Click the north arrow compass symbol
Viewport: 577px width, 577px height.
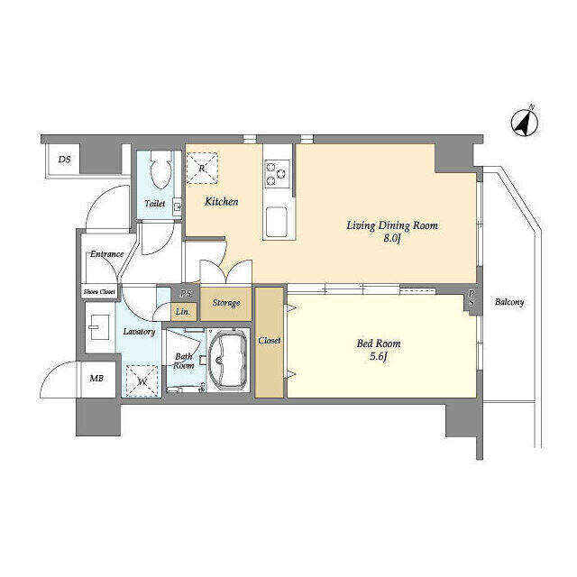tap(525, 122)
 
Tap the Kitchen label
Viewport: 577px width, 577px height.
tap(221, 202)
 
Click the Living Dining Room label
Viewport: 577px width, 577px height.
tap(392, 225)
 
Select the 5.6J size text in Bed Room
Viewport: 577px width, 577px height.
tap(379, 357)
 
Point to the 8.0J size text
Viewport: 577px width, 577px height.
tap(392, 238)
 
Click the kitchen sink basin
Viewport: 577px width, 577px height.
tap(276, 222)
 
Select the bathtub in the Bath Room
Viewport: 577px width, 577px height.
tap(226, 361)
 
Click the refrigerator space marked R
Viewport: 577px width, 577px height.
tap(202, 169)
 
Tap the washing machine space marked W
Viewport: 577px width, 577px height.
tap(142, 380)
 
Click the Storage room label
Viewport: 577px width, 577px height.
tap(226, 303)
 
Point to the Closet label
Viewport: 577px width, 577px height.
tap(269, 341)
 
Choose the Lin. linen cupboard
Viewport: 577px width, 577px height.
tap(183, 312)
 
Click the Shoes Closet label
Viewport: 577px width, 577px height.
tap(99, 292)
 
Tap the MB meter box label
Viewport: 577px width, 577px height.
tap(96, 379)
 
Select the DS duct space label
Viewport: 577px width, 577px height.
tap(64, 160)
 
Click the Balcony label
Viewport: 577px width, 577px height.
tap(509, 303)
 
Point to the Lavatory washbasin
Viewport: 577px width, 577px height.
tap(99, 327)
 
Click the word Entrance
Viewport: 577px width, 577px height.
tap(106, 254)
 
